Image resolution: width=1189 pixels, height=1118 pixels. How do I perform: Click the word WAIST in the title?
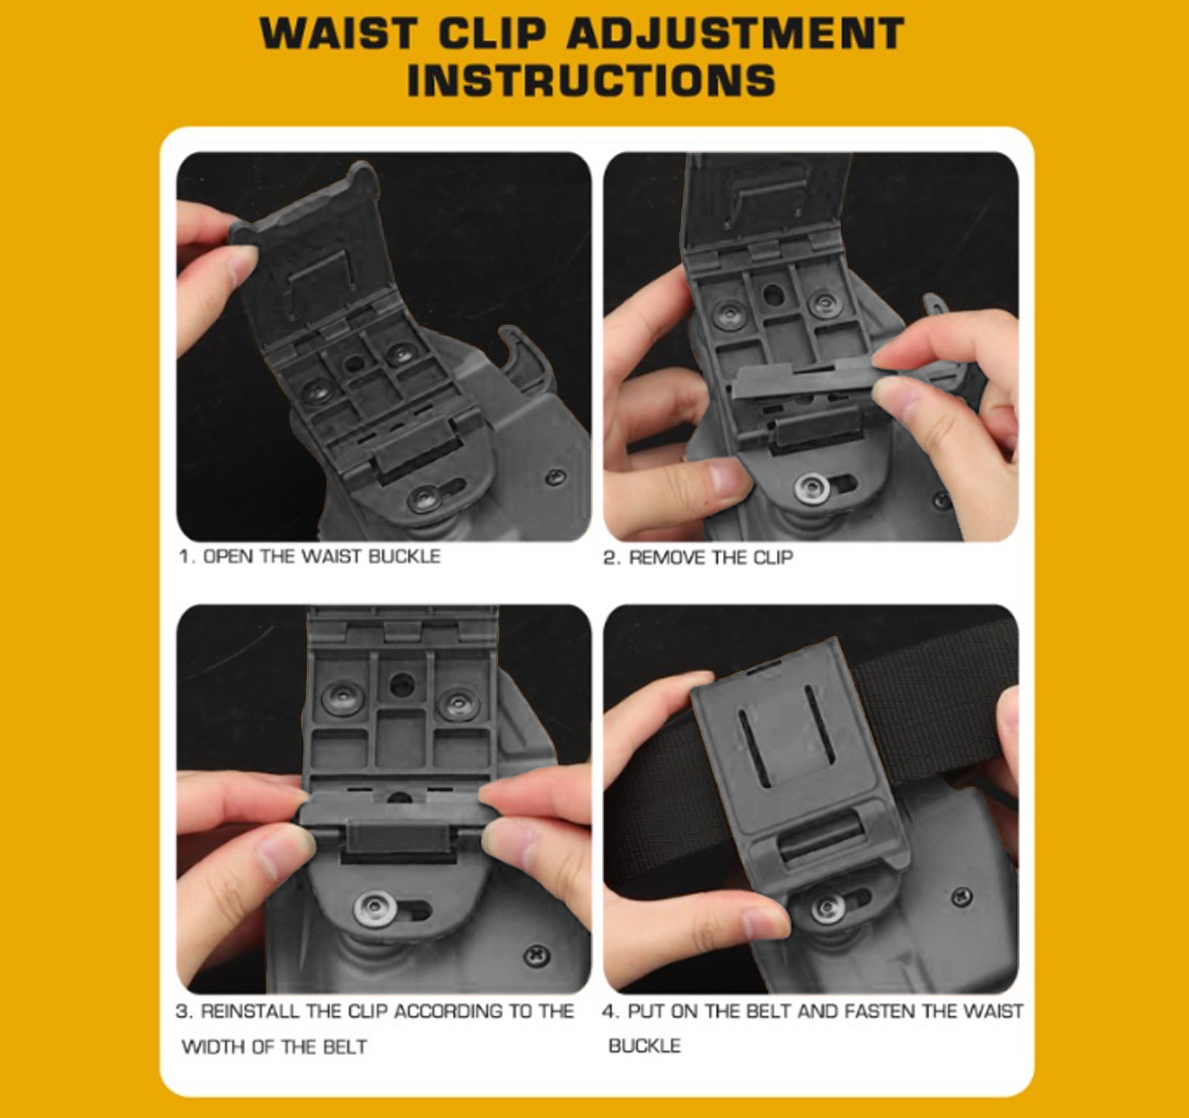[x=338, y=33]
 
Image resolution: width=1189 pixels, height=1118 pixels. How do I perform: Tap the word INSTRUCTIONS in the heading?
[x=591, y=80]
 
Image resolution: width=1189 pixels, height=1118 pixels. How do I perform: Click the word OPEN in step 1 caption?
[x=228, y=557]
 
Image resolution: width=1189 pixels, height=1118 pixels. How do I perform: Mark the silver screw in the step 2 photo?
[x=812, y=489]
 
